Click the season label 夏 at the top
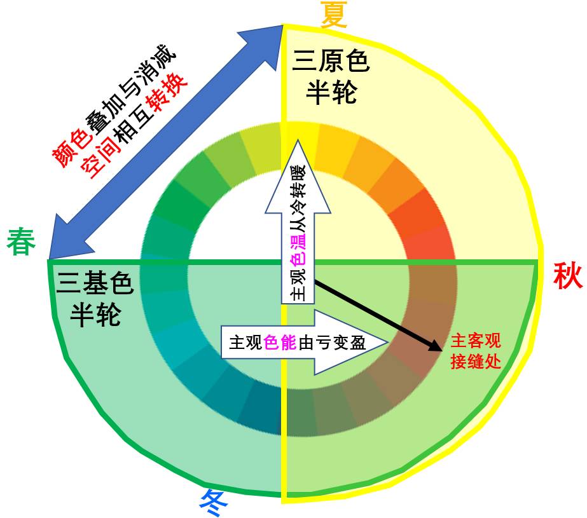(334, 14)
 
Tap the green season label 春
(22, 242)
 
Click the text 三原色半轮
(331, 77)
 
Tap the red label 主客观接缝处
(476, 351)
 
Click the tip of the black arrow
(439, 348)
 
